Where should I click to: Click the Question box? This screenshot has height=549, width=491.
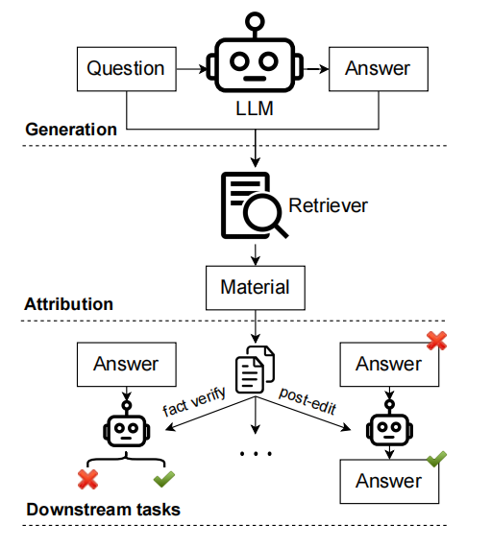[127, 69]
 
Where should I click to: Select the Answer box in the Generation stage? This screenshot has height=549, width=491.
[379, 69]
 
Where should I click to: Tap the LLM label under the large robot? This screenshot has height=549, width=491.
[255, 108]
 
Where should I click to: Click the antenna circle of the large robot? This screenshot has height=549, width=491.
[255, 21]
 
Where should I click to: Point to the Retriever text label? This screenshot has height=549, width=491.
[328, 205]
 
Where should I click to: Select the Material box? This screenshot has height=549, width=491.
[256, 288]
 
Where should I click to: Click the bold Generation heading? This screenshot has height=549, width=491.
[71, 130]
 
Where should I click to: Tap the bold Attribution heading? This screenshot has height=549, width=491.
[68, 304]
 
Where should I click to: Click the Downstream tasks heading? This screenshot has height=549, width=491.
[104, 510]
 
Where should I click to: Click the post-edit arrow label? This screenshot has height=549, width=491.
[307, 401]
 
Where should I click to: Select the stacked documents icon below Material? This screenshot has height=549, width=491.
[256, 370]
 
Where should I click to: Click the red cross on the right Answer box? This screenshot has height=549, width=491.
[436, 341]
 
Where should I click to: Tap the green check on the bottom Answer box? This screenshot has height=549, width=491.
[436, 459]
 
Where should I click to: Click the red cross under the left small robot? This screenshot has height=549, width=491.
[88, 479]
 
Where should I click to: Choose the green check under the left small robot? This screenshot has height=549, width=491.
[164, 479]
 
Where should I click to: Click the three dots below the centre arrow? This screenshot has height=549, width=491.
[256, 454]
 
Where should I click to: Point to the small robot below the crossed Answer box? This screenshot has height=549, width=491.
[389, 423]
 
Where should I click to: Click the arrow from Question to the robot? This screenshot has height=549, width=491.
[192, 69]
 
